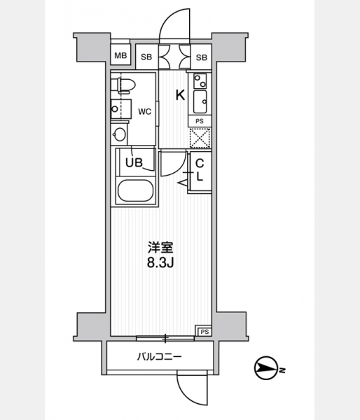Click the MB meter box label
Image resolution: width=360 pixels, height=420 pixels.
120,55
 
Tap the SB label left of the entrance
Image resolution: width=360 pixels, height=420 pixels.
146,57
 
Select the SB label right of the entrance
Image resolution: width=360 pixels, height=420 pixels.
201,57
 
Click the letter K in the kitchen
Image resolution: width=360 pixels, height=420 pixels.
180,94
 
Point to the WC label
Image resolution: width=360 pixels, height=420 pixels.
145,111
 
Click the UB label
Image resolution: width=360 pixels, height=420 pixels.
134,162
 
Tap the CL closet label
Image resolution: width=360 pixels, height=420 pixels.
200,169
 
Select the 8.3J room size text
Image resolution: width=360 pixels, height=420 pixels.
160,263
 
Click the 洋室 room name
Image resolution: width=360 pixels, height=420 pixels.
161,248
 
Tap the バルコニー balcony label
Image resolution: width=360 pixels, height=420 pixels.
160,356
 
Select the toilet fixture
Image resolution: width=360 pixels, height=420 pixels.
123,85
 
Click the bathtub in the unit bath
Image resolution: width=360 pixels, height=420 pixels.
135,190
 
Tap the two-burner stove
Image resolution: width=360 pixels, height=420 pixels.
200,81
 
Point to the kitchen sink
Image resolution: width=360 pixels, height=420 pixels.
200,101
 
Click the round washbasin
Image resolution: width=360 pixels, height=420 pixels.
119,134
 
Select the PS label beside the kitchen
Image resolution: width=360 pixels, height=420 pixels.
200,121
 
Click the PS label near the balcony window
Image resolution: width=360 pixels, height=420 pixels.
205,332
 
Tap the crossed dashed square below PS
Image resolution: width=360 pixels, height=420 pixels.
200,138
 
